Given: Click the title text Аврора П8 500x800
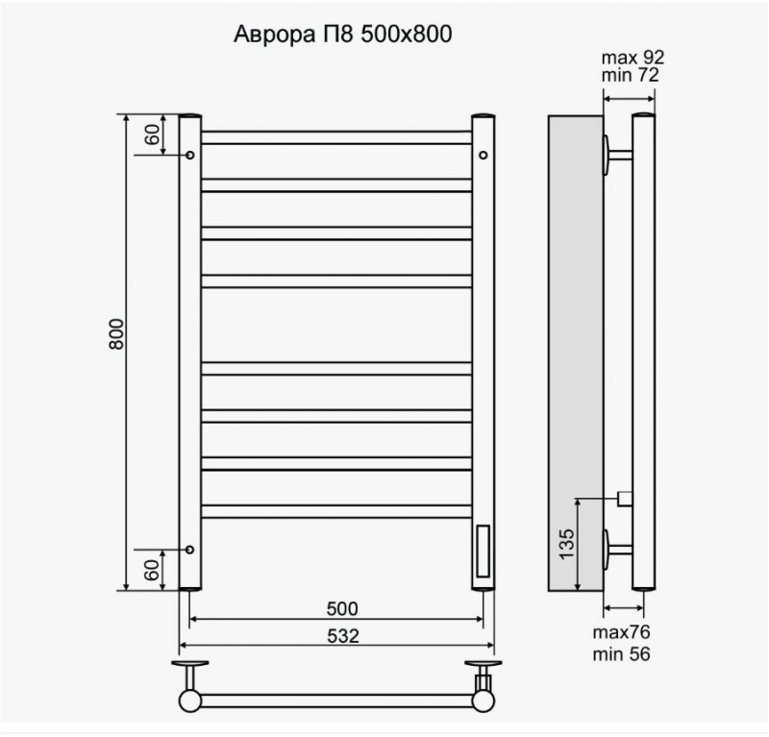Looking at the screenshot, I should tap(343, 35).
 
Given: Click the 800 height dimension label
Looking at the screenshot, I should tap(117, 333).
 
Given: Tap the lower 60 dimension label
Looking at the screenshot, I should tap(152, 569).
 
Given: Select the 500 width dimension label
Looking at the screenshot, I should tap(341, 608).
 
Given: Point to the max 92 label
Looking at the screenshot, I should tap(631, 57).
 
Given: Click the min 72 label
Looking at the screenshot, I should tap(631, 75).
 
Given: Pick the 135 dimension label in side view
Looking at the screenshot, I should tap(566, 545).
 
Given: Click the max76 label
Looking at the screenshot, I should tap(621, 632).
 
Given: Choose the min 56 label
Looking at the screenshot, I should tap(621, 654).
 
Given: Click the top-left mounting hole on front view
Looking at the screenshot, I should tap(190, 155).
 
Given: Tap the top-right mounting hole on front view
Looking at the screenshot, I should tap(483, 155).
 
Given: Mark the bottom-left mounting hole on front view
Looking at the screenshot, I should tap(190, 550).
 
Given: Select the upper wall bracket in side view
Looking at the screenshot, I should tap(616, 154).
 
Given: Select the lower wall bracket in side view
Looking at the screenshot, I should tap(616, 550).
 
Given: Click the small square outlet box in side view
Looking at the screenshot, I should tap(624, 498).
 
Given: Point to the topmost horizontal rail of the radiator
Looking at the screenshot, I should tap(336, 137).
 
